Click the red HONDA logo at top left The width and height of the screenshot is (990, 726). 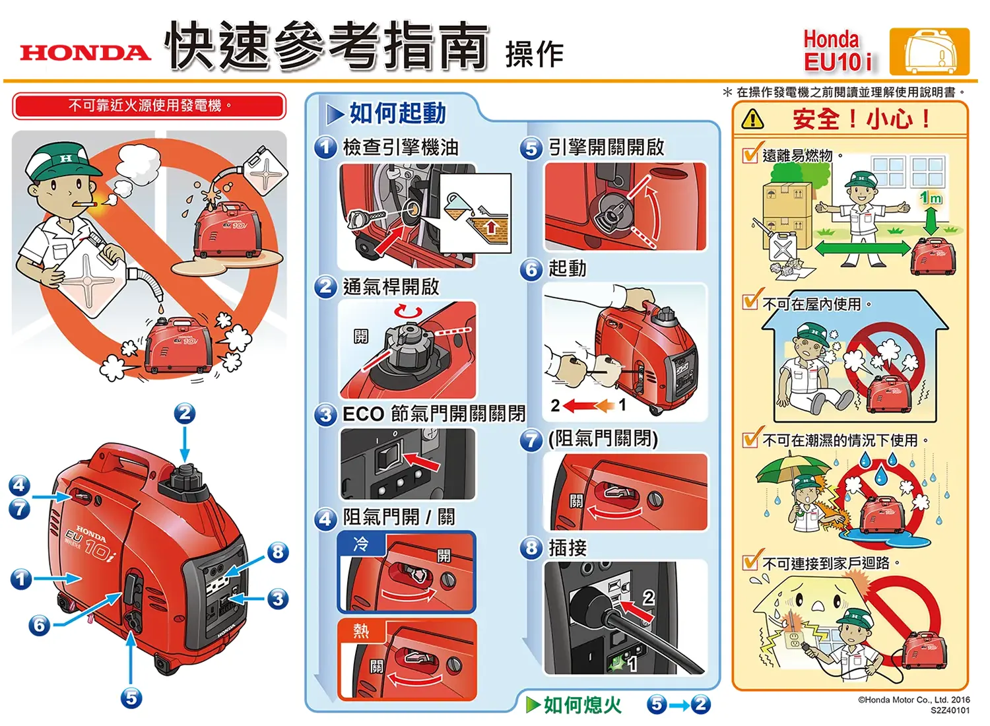[x=85, y=53]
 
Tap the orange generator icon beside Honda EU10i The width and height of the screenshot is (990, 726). [x=929, y=51]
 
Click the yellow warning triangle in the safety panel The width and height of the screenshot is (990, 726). [x=752, y=119]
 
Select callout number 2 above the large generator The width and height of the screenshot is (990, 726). [x=185, y=414]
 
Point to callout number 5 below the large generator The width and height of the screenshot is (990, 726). [x=131, y=698]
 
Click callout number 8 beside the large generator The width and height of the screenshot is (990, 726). [x=278, y=552]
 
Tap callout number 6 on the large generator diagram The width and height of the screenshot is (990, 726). [x=40, y=624]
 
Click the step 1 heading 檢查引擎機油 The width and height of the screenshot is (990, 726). [x=401, y=147]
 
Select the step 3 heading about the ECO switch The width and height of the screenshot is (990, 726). [x=434, y=414]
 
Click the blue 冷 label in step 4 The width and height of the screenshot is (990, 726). [x=361, y=544]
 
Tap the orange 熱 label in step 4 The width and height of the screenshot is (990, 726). [x=361, y=631]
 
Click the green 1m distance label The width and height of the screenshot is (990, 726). [x=931, y=198]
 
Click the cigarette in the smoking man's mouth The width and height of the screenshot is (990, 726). [x=86, y=203]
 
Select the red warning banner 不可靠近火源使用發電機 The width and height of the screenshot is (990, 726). [x=149, y=106]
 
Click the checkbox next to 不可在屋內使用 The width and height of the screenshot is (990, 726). [x=750, y=302]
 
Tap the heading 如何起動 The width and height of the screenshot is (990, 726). [x=397, y=114]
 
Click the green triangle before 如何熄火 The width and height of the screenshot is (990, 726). [x=533, y=705]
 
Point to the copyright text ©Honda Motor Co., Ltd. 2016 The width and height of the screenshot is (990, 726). [x=913, y=700]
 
